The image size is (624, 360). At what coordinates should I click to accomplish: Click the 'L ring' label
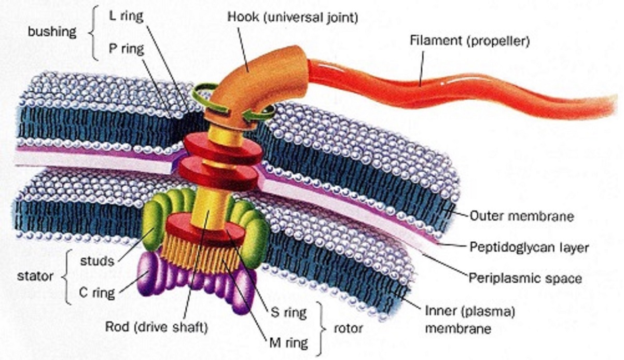[126, 17]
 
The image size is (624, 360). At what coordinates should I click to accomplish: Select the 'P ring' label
[127, 49]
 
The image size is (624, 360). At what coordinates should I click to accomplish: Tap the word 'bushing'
[52, 32]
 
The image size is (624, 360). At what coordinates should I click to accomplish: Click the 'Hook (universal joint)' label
[293, 18]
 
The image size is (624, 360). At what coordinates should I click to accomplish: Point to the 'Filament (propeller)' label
[469, 41]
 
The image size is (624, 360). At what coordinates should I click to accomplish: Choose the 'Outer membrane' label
[522, 216]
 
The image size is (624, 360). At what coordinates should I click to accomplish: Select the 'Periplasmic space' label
[525, 279]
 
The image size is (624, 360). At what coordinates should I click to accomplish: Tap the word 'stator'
[35, 276]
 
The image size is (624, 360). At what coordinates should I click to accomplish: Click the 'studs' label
[97, 261]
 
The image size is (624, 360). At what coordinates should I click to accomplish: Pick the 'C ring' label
[97, 293]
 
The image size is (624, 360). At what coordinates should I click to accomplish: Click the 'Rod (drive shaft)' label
[157, 327]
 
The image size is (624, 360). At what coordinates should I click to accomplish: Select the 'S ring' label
[288, 313]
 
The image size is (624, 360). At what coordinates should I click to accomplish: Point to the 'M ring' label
[288, 343]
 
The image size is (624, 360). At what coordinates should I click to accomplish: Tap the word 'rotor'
[348, 329]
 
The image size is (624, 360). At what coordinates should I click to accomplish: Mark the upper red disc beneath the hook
[223, 148]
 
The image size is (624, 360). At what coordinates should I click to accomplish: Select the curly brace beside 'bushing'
[93, 33]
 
